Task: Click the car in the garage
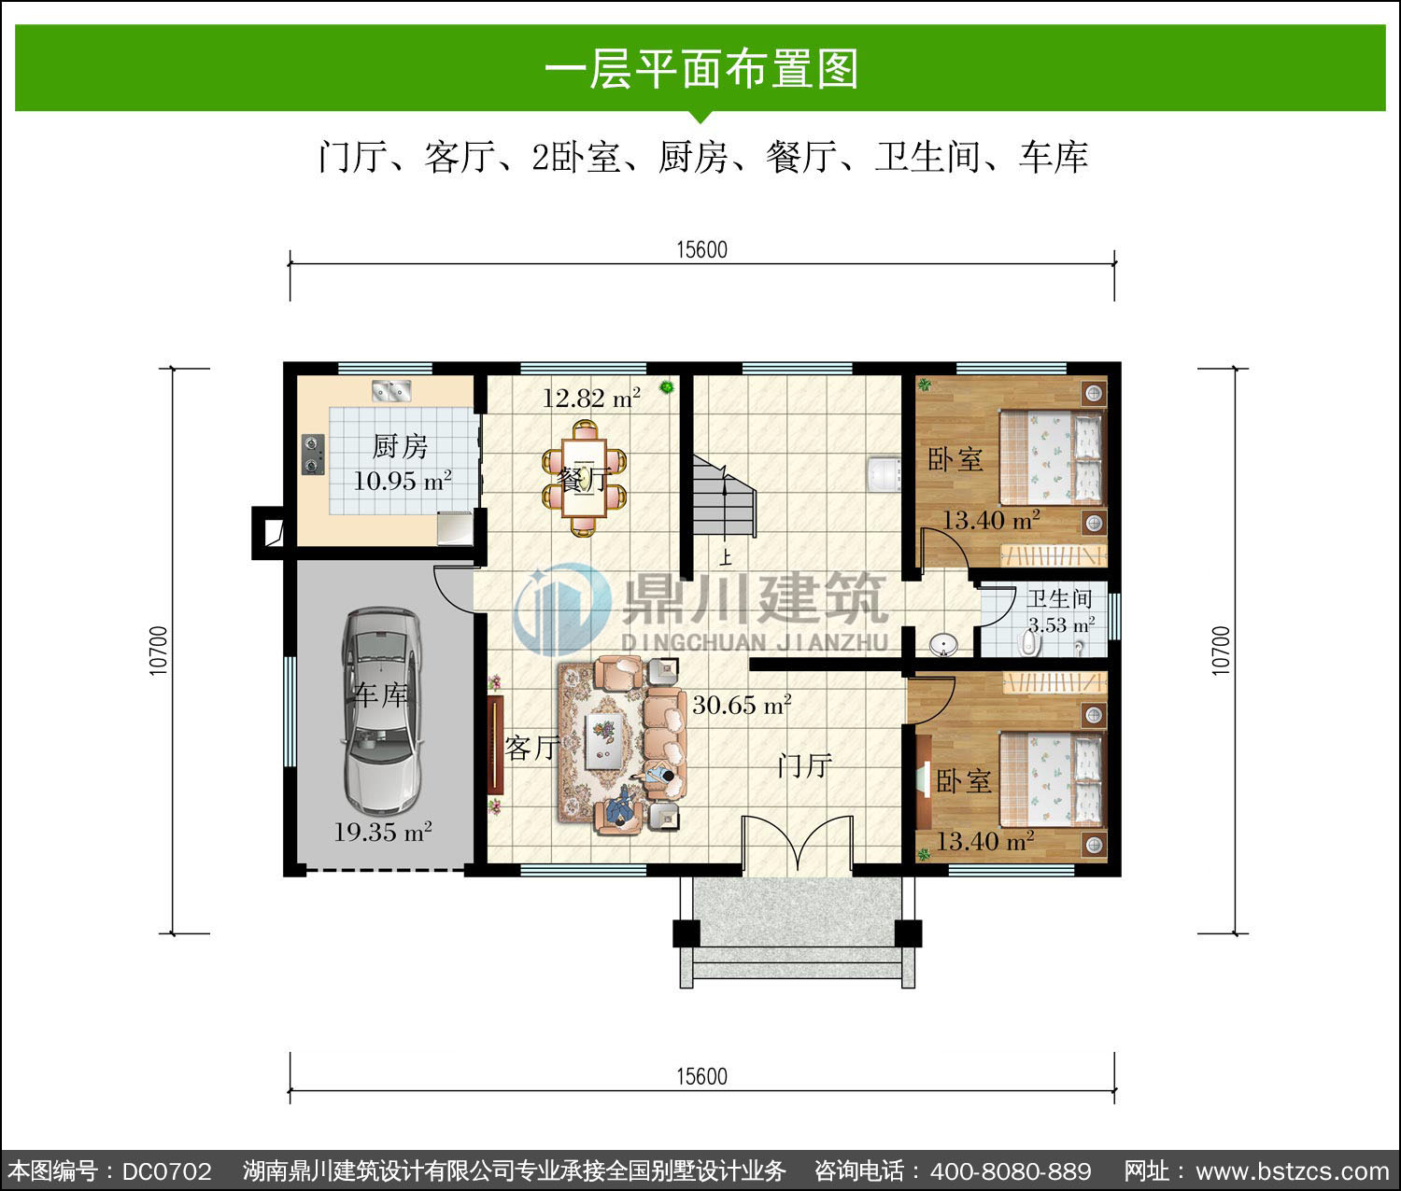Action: tap(382, 710)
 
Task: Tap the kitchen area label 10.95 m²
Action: tap(403, 481)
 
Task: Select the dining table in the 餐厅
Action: tap(585, 478)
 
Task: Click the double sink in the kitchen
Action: tap(391, 390)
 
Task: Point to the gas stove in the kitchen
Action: tap(313, 454)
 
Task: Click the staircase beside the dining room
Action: tap(723, 496)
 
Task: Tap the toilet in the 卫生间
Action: tap(1029, 641)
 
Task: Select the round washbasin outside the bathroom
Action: tap(942, 643)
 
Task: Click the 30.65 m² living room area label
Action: tap(742, 705)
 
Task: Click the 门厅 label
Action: tap(804, 765)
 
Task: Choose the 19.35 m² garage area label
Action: tap(383, 832)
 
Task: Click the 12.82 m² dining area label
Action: tap(591, 398)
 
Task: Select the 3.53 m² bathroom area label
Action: tap(1061, 624)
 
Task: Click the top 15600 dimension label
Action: tap(701, 250)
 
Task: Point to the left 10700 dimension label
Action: tap(158, 651)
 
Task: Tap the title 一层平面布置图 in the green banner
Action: tap(701, 68)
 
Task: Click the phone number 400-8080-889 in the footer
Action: tap(1011, 1170)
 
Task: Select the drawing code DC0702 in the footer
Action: tap(167, 1170)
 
